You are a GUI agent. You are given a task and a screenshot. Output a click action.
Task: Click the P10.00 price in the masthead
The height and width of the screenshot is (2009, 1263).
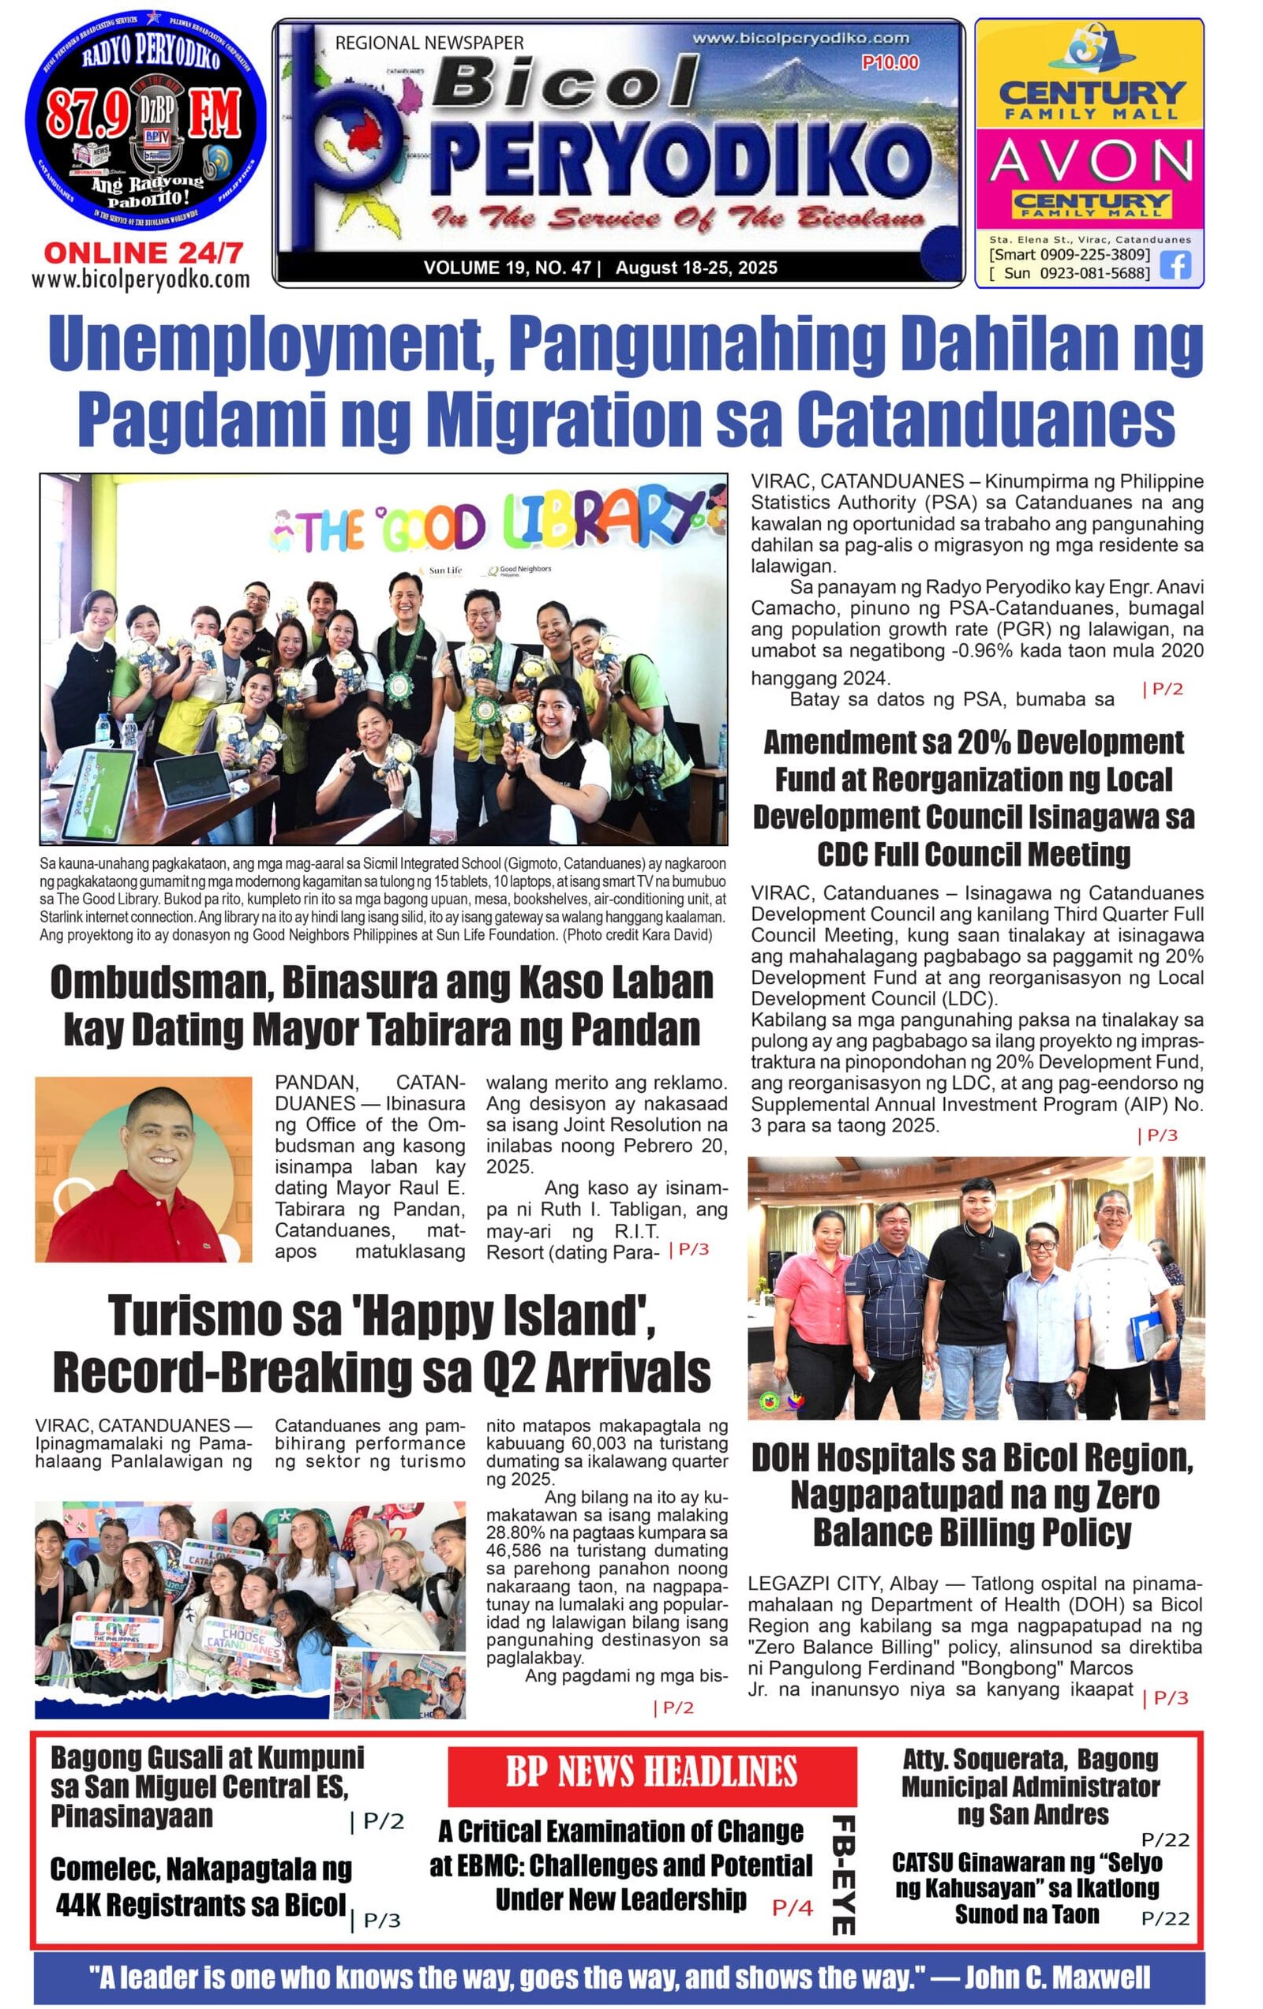pyautogui.click(x=890, y=62)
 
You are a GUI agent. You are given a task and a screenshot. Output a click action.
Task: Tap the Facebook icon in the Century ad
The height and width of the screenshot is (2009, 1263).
pyautogui.click(x=1175, y=264)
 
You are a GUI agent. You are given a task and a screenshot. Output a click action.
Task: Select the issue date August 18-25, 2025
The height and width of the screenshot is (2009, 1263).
pyautogui.click(x=696, y=267)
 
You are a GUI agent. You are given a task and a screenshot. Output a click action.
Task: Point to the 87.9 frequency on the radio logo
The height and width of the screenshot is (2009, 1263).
pyautogui.click(x=87, y=114)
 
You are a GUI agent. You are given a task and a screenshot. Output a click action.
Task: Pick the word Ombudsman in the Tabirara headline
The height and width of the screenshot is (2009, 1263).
pyautogui.click(x=160, y=983)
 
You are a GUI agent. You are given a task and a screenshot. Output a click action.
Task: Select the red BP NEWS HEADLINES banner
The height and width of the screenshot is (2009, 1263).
pyautogui.click(x=651, y=1771)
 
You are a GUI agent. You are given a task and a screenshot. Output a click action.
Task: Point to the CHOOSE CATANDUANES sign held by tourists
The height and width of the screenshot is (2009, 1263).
pyautogui.click(x=242, y=1640)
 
